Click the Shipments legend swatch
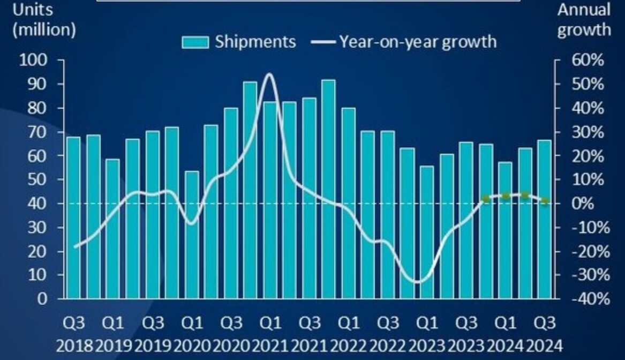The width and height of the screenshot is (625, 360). pos(195,42)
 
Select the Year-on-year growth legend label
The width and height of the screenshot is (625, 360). pos(417,42)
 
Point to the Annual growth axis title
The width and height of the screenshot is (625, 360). pos(584,19)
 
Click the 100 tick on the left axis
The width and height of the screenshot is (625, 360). pos(34,61)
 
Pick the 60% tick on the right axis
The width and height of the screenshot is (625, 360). pos(588,61)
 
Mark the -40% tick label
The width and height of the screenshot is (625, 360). pos(590,298)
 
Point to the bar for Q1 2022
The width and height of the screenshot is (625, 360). pos(349,203)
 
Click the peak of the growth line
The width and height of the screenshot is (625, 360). pos(269,74)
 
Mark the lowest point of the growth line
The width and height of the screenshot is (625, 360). pos(418,282)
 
